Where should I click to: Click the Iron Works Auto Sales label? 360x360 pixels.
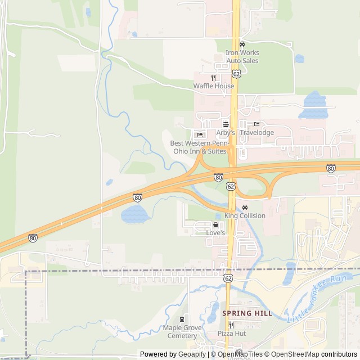click(x=242, y=56)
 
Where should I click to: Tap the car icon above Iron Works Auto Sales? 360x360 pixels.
click(x=242, y=44)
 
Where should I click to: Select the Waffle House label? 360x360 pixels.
click(x=214, y=86)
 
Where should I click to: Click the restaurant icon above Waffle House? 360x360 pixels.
click(x=214, y=78)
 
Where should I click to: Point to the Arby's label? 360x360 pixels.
click(x=226, y=133)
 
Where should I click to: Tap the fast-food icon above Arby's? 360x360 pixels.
click(x=226, y=124)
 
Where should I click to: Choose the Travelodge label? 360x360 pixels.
click(x=256, y=133)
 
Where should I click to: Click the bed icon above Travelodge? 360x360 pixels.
click(x=256, y=124)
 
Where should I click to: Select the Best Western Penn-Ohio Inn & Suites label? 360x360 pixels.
click(x=199, y=147)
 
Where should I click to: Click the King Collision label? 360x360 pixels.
click(x=245, y=215)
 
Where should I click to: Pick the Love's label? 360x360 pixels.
click(x=215, y=232)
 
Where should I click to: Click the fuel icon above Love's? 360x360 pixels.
click(x=215, y=224)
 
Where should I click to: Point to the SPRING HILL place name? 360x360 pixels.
click(x=247, y=313)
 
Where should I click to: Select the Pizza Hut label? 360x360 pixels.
click(x=231, y=334)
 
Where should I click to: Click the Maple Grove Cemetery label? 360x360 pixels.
click(x=182, y=331)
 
